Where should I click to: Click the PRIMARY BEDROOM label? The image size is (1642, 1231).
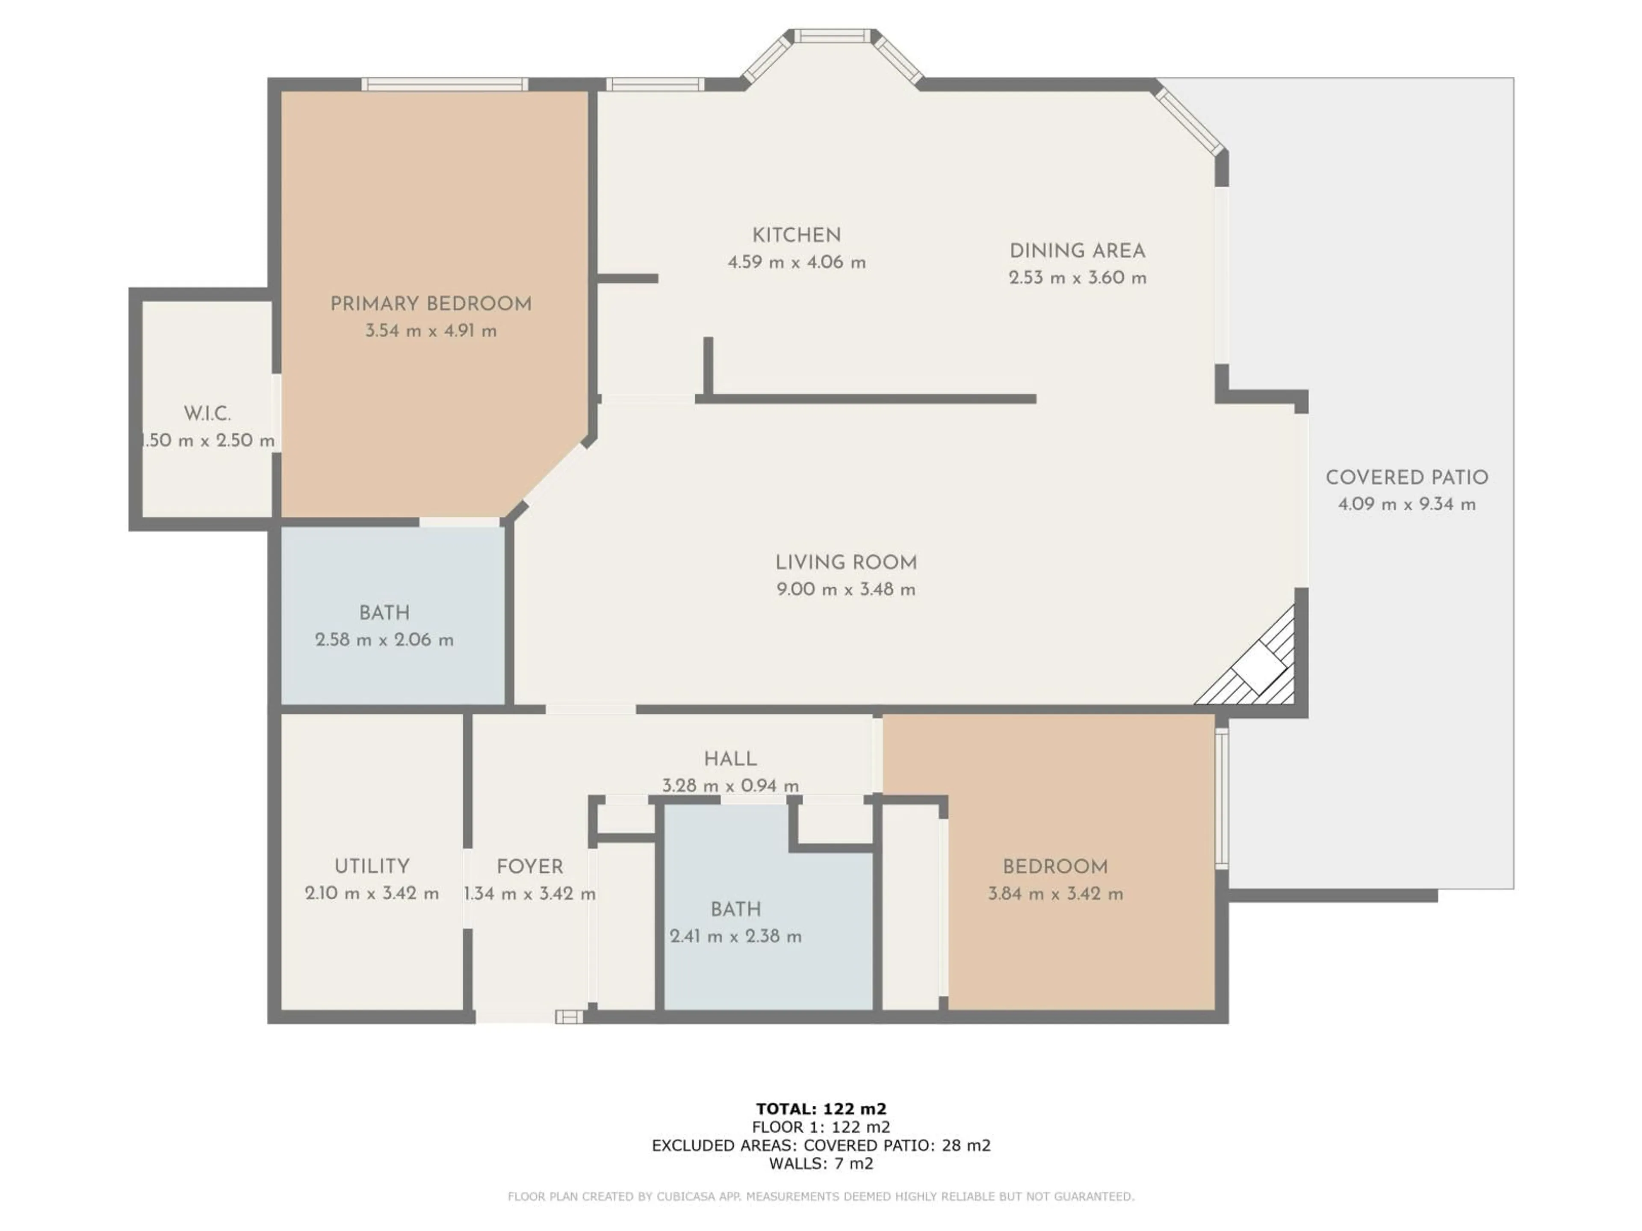click(431, 303)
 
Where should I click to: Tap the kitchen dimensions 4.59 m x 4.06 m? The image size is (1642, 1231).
click(797, 262)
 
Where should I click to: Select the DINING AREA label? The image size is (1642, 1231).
click(1077, 251)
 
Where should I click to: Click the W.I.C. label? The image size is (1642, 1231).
click(207, 413)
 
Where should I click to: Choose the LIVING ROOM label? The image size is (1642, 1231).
click(845, 562)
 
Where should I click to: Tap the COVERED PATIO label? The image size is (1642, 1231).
click(1407, 477)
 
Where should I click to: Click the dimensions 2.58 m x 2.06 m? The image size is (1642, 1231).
click(384, 639)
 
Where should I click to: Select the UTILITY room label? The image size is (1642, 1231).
click(371, 866)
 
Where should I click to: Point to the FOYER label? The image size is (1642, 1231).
click(529, 866)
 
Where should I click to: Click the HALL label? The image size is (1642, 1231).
click(729, 758)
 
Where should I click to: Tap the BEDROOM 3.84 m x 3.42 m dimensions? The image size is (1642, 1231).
click(1055, 893)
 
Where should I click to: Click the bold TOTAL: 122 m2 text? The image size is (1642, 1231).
click(821, 1109)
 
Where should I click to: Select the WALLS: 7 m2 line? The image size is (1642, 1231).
click(821, 1163)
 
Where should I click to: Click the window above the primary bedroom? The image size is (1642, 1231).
click(445, 84)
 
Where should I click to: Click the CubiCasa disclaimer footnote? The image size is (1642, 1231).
click(821, 1196)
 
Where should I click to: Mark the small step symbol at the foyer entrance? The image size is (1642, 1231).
click(569, 1016)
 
